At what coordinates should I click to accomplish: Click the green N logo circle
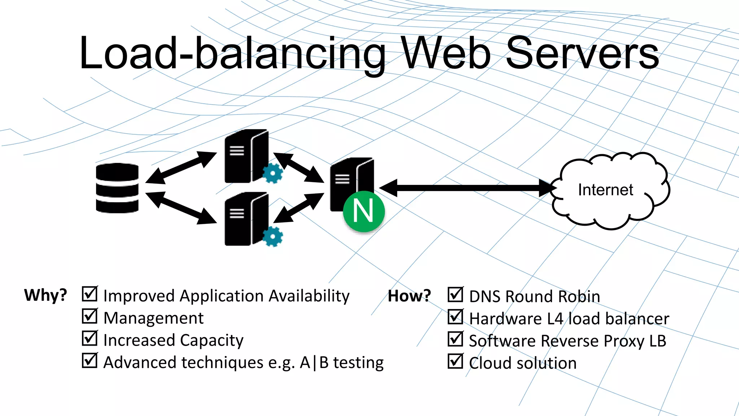click(364, 211)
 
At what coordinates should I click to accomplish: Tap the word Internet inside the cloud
click(605, 190)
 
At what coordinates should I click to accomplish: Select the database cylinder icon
click(117, 188)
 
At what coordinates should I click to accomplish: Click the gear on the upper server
click(272, 173)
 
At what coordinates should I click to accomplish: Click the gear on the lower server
click(272, 237)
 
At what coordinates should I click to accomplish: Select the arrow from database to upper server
click(181, 168)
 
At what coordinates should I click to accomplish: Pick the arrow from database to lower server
click(181, 208)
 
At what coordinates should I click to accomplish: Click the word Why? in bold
click(45, 295)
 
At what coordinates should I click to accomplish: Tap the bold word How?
click(409, 296)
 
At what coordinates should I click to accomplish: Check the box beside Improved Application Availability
click(89, 294)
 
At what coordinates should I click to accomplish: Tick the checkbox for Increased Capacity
click(89, 338)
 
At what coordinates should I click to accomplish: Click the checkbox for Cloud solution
click(455, 361)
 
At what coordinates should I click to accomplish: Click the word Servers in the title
click(582, 53)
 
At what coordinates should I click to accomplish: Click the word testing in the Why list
click(358, 363)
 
